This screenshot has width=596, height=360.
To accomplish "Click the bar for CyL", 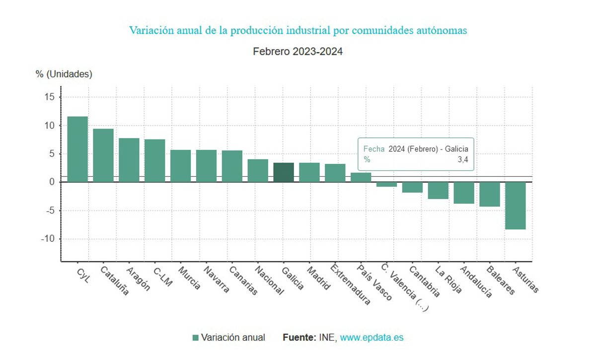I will point(77,149).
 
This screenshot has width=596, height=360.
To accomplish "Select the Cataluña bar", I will point(103,155).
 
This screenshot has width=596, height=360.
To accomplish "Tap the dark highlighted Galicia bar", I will point(284,172).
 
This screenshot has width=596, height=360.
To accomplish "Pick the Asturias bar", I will point(515,206).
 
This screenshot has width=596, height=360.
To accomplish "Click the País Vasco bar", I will point(361,177).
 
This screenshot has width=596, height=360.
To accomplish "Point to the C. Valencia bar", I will point(386,184).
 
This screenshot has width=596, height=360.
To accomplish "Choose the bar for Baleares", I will point(489,194).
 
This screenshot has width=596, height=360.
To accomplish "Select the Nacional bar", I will point(258,170).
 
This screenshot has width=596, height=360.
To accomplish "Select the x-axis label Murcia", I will point(189,279).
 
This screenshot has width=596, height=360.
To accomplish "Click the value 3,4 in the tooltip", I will point(462,159).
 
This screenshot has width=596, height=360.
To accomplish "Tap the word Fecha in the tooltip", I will point(373,148).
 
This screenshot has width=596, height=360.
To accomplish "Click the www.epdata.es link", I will point(372,338).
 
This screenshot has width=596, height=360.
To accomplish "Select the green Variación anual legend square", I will point(195,338).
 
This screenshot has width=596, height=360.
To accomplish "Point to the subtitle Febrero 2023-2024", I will point(298,51).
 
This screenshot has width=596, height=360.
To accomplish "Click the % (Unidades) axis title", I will point(64,74).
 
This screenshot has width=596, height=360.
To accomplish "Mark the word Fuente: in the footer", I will point(299,338).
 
